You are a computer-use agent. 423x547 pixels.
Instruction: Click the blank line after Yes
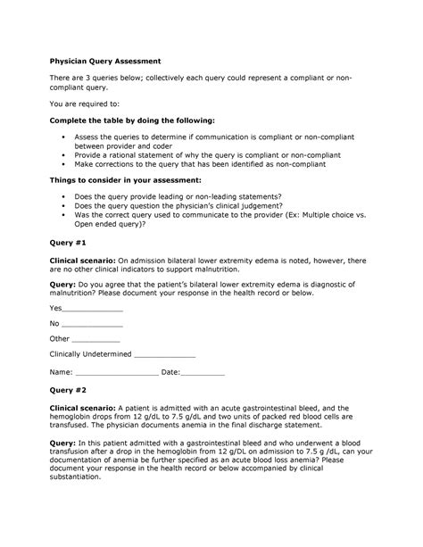(x=94, y=308)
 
